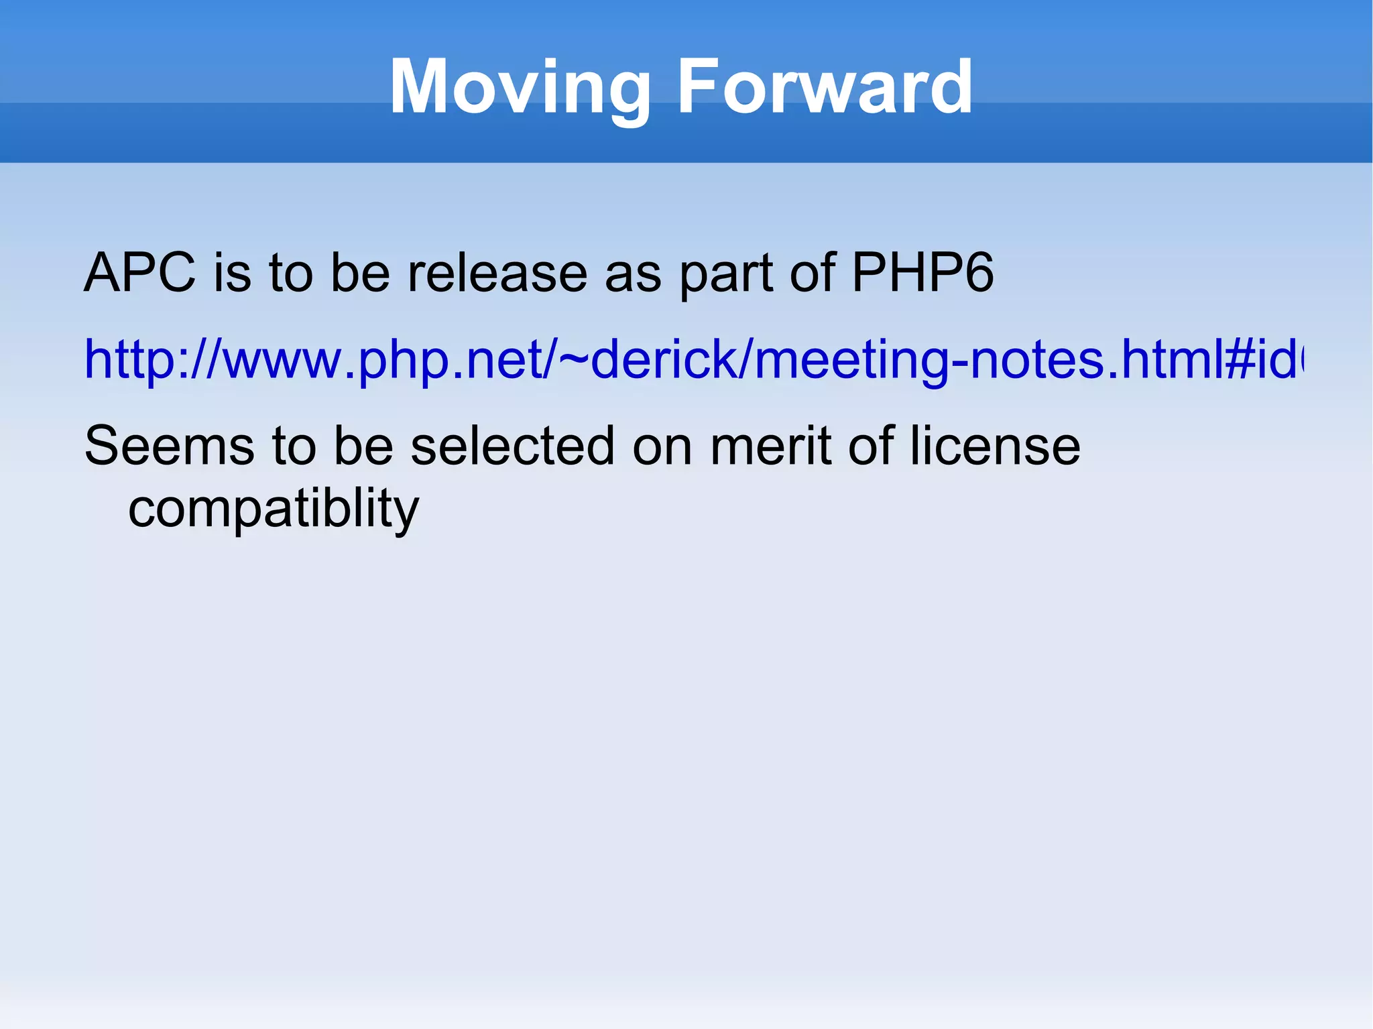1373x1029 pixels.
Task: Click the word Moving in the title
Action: click(x=520, y=88)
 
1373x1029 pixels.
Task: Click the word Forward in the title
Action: click(x=824, y=86)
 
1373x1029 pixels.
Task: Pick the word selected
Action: click(x=512, y=446)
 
